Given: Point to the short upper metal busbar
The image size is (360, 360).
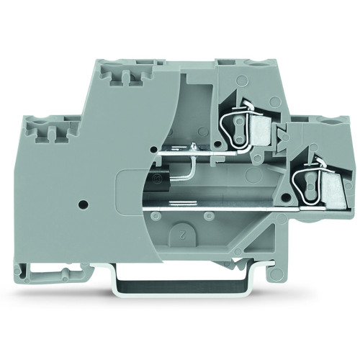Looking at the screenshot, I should (194, 152).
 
